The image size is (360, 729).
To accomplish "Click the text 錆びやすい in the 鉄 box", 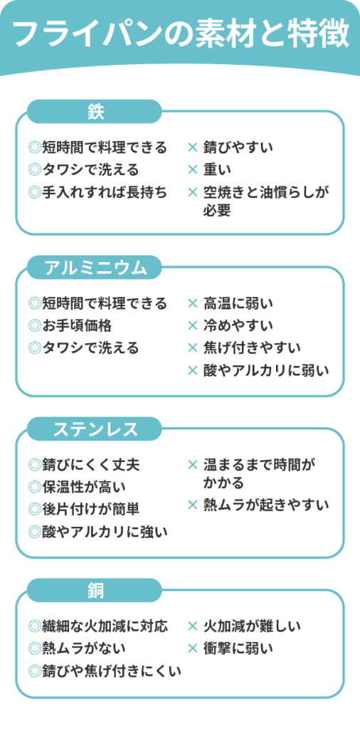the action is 238,148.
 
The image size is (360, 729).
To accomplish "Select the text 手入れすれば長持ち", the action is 105,192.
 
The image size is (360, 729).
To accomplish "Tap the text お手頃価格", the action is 77,326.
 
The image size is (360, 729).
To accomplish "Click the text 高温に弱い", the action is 238,304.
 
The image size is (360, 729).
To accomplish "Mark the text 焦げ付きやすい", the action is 253,347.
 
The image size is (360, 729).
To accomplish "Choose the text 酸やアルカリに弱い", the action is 266,370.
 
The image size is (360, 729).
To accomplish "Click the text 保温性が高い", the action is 84,487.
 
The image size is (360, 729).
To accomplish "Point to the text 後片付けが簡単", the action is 90,509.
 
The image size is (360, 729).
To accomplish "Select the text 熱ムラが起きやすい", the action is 266,505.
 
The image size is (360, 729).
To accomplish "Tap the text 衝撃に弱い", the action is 238,648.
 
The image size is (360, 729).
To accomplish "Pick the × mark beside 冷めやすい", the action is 193,326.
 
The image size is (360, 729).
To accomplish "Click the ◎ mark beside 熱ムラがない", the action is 35,648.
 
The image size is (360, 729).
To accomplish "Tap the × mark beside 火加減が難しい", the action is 193,626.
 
